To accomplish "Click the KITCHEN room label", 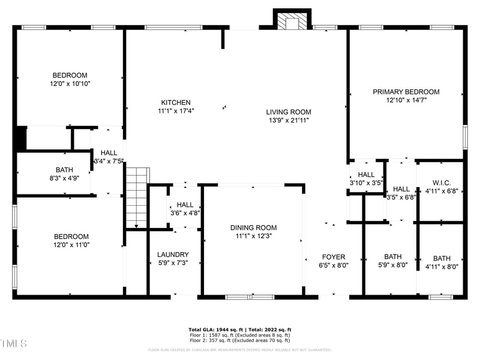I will [x=175, y=103].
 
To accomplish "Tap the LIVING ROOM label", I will [x=289, y=112].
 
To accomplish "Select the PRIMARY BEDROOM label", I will [x=406, y=92].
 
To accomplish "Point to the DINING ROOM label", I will [x=253, y=227].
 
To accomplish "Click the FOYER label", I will [x=333, y=257].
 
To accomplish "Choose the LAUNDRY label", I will [x=173, y=254].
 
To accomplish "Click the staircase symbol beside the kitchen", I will [x=137, y=198].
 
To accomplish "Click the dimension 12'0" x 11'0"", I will [x=71, y=245].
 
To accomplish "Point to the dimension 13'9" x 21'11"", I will [x=289, y=120].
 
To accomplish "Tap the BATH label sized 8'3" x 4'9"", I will [x=64, y=170].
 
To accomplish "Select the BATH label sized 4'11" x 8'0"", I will [x=442, y=258].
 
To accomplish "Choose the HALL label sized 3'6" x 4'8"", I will [x=185, y=205].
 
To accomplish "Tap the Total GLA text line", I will [x=239, y=330].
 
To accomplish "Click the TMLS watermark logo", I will [x=14, y=343].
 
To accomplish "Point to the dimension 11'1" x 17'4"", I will [x=175, y=111].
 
